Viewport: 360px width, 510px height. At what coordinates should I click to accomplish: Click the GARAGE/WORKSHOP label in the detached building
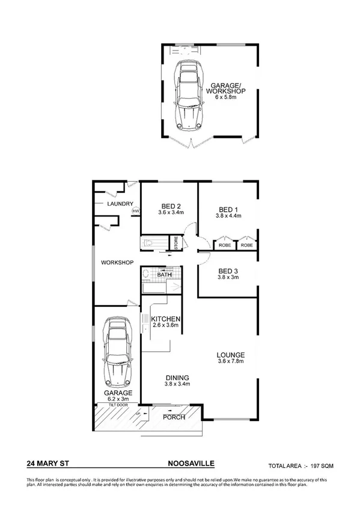(227, 89)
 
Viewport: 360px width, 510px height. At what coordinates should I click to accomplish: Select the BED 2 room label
(169, 204)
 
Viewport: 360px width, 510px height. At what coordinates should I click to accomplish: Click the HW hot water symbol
(136, 211)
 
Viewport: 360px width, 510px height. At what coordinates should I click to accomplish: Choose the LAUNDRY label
(120, 204)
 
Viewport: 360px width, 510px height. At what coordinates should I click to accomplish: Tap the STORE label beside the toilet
(177, 244)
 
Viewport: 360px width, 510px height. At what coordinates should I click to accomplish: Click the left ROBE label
(225, 245)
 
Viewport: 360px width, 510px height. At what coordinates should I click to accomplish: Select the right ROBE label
(247, 245)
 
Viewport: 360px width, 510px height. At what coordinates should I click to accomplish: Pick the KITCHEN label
(165, 319)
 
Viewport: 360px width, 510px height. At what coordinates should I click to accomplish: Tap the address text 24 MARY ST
(47, 464)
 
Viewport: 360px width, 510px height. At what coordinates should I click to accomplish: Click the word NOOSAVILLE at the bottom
(191, 464)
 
